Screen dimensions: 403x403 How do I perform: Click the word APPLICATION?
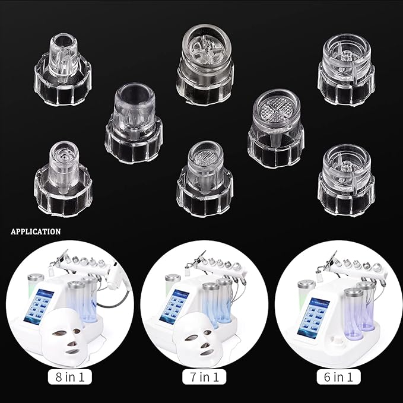coord(35,231)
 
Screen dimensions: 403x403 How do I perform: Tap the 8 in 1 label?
coord(69,376)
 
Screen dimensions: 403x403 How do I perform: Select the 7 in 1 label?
coord(204,376)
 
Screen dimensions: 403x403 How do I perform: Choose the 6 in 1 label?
coord(338,376)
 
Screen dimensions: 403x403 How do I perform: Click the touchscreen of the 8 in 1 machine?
coord(39,305)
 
